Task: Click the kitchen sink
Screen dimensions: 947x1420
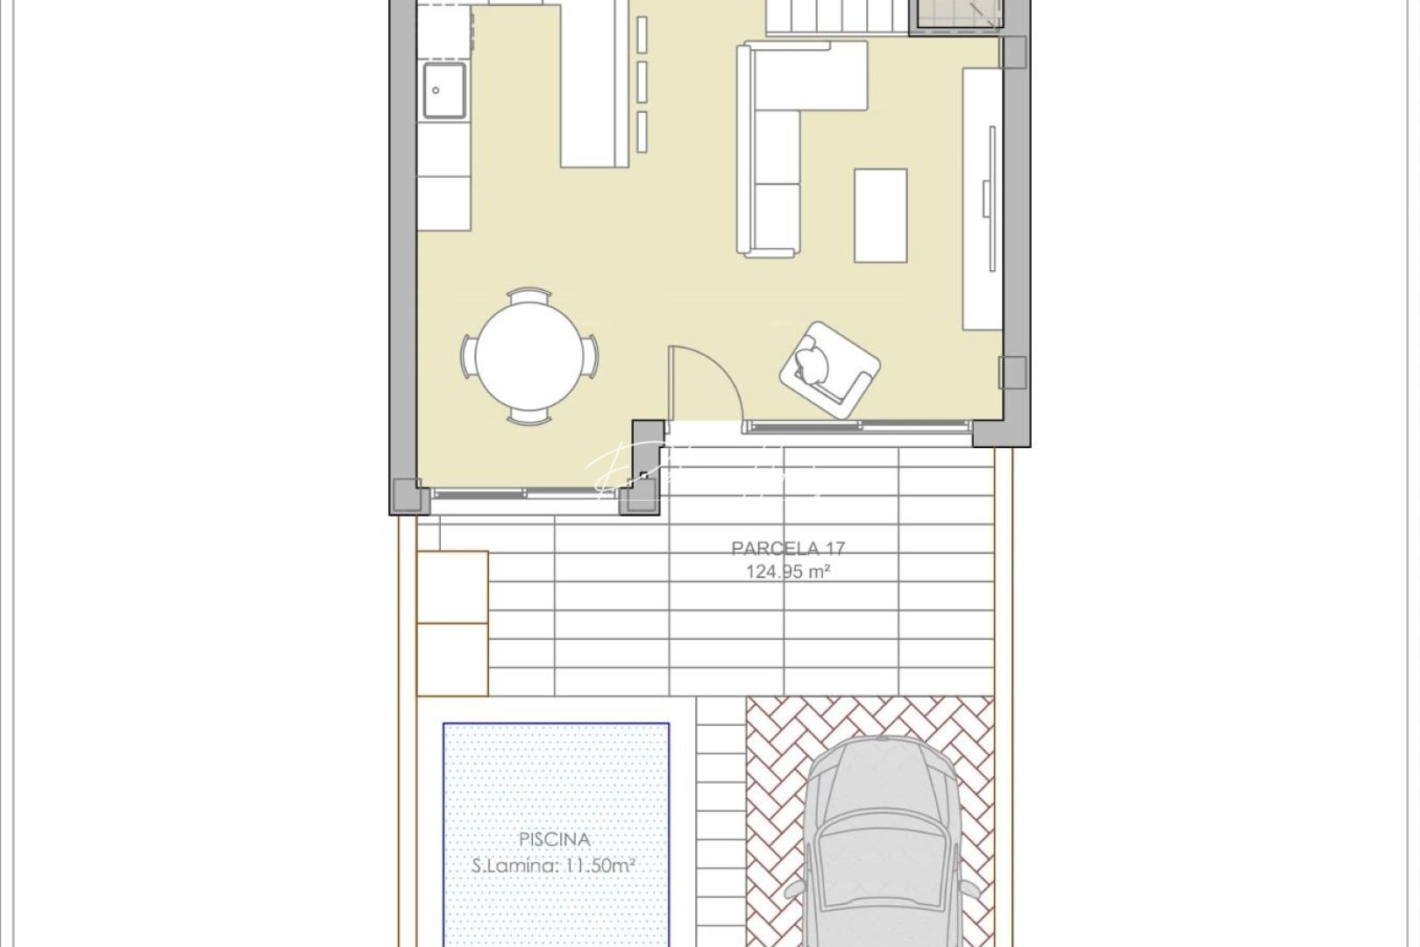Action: (444, 89)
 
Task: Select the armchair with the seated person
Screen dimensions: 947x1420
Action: (828, 367)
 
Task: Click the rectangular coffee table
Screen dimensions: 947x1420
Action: (880, 215)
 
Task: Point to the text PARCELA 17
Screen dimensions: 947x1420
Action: (788, 549)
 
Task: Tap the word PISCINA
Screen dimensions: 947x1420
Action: (554, 839)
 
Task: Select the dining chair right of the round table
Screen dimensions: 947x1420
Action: (593, 356)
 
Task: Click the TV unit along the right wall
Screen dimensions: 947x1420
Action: (983, 198)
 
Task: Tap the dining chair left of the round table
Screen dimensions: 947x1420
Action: (467, 357)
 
